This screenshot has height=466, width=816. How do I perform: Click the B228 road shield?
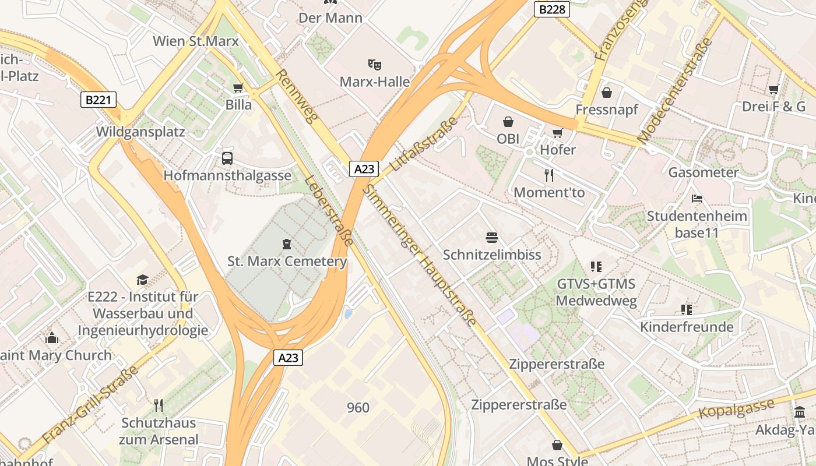point(551,9)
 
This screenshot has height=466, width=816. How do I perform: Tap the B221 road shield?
point(97,100)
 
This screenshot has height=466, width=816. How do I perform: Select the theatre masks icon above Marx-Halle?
point(374,64)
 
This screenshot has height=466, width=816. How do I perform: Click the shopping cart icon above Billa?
point(238,88)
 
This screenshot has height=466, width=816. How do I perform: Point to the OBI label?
point(508,139)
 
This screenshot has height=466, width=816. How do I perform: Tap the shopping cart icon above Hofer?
point(558,133)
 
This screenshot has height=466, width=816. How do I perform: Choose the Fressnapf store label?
point(607,110)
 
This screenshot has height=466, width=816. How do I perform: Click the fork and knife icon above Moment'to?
point(548,175)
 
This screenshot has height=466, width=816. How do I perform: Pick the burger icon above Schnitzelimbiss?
point(492,237)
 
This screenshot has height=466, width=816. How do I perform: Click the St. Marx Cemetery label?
point(287,261)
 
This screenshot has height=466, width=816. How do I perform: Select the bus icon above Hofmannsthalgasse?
point(227,158)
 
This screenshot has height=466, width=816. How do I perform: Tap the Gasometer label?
point(703,172)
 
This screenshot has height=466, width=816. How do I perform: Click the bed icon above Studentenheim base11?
point(697,199)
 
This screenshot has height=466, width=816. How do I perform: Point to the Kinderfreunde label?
point(687,327)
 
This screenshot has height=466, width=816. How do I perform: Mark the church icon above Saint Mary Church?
point(52,338)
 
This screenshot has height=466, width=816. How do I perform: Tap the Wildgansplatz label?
point(140,132)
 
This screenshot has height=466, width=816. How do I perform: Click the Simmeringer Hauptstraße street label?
point(420,255)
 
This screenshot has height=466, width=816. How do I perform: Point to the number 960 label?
point(358,408)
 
